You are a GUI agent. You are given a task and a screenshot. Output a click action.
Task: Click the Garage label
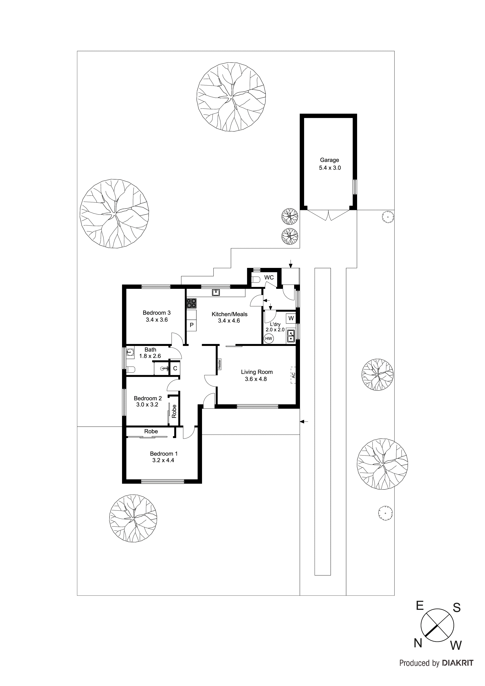329,160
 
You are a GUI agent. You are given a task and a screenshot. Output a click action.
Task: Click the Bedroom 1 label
163,453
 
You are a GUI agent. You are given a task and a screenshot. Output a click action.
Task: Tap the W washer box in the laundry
291,318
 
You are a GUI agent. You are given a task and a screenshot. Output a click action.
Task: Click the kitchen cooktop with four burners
191,303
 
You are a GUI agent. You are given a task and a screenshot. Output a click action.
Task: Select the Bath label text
150,349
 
